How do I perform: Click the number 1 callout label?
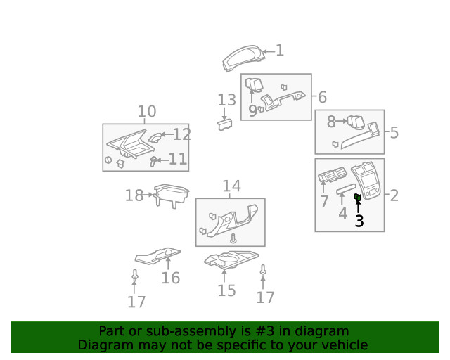coord(279,51)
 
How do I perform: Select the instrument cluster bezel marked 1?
coord(246,59)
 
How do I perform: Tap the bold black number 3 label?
coord(359,221)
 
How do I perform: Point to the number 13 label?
coord(226,101)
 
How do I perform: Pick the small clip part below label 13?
coord(224,124)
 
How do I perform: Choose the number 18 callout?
coord(134,195)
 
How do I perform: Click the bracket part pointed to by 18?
coord(171,195)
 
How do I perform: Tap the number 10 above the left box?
coord(146,112)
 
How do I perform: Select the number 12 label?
coord(181,134)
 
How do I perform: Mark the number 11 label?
coord(178,160)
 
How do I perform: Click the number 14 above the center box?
coord(231,186)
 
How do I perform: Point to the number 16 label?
coord(170,278)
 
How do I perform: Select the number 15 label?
coord(226,290)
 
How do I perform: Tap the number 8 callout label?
coord(331,122)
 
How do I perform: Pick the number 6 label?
coord(322,97)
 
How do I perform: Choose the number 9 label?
coord(252,110)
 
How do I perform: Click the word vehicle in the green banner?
coord(342,345)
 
